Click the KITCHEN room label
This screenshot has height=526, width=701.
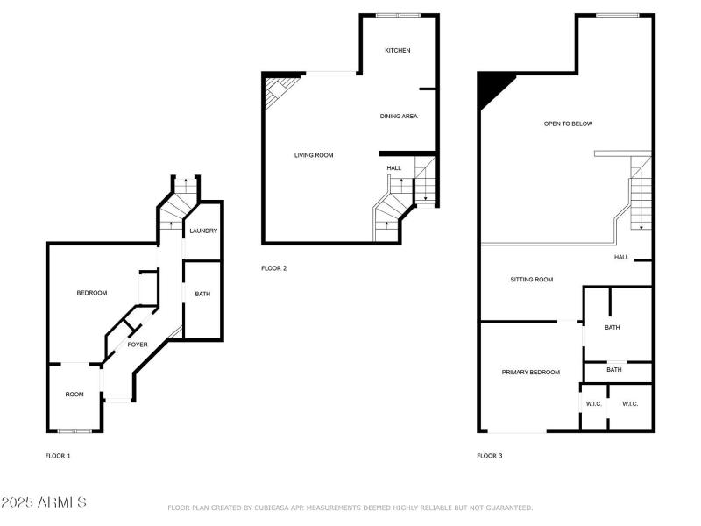397,50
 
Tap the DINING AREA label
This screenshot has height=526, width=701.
398,117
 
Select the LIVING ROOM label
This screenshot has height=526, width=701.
313,155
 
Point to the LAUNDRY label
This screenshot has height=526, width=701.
203,231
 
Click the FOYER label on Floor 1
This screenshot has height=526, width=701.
138,345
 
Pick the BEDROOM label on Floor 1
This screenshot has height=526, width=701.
92,293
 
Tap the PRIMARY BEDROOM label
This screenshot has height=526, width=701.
530,373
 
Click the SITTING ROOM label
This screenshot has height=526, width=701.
531,280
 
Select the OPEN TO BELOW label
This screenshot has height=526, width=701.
568,124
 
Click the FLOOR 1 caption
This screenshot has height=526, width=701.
58,456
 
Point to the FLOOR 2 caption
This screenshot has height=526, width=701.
273,268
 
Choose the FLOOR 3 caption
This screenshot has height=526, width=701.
489,456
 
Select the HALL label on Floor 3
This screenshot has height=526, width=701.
621,257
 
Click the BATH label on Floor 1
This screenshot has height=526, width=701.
202,295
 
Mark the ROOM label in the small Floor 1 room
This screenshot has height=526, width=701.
74,394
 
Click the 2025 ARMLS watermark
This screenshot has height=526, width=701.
44,502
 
